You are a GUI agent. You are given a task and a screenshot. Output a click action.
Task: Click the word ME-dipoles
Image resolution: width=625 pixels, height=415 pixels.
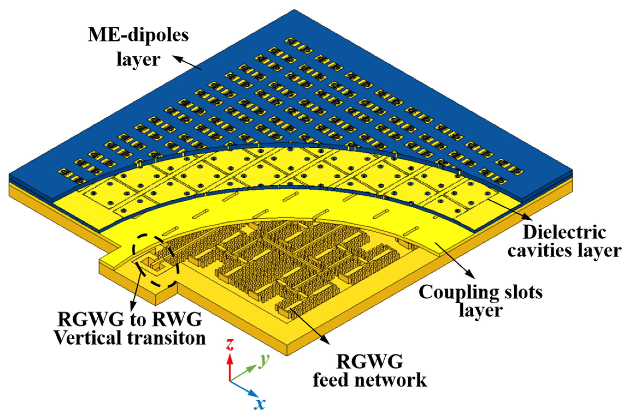tap(138, 36)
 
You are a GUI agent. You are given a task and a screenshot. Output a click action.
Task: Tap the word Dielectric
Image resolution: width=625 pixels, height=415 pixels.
tap(564, 233)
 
